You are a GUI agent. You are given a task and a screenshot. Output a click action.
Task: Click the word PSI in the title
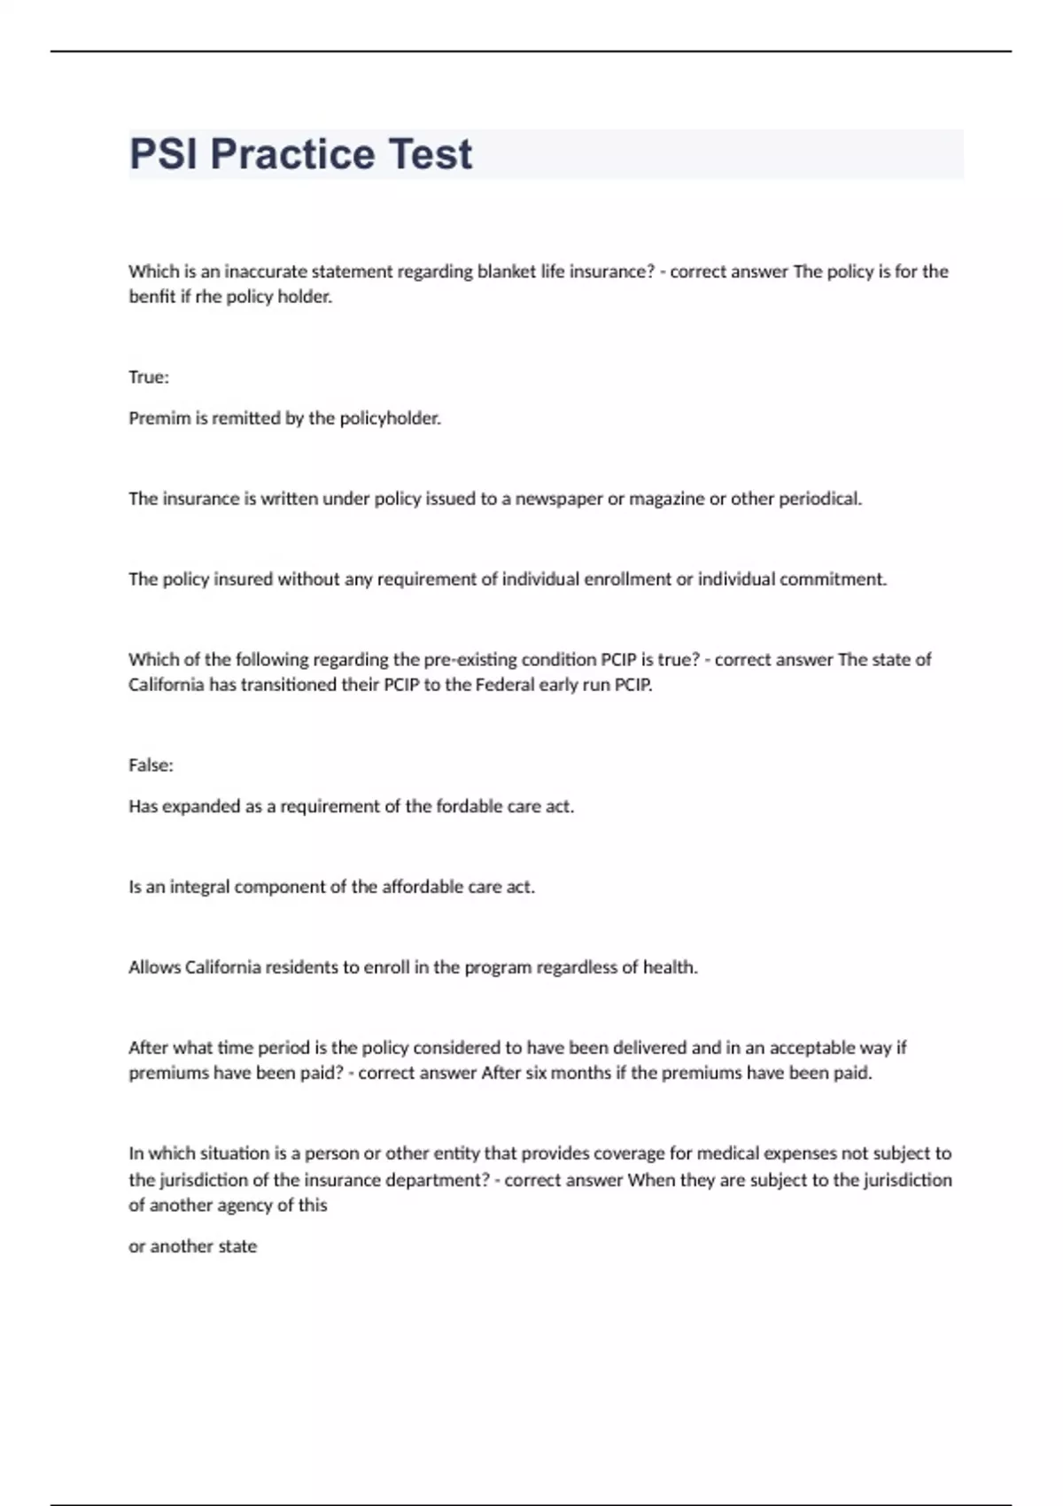(x=164, y=154)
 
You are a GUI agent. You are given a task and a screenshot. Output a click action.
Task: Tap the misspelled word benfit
(x=151, y=297)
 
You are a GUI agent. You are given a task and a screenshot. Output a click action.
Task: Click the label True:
(x=149, y=377)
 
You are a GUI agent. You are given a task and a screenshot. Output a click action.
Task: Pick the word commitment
(x=835, y=579)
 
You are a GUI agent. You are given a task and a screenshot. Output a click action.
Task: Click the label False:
(x=151, y=765)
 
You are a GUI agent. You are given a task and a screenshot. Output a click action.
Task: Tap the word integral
(x=199, y=887)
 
